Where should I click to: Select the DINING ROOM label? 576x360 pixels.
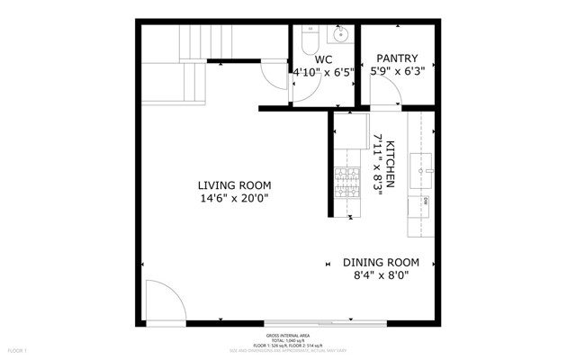coord(381,263)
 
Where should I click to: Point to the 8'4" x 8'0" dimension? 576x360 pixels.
coord(381,276)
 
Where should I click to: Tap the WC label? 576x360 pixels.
coord(323,59)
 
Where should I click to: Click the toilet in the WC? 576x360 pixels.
coord(308,41)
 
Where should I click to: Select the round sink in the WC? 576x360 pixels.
coord(340,37)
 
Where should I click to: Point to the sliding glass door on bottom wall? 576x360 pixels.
coord(306,321)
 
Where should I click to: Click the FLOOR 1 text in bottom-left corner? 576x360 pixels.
coord(18,349)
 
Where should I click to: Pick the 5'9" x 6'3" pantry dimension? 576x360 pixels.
coord(397,71)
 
